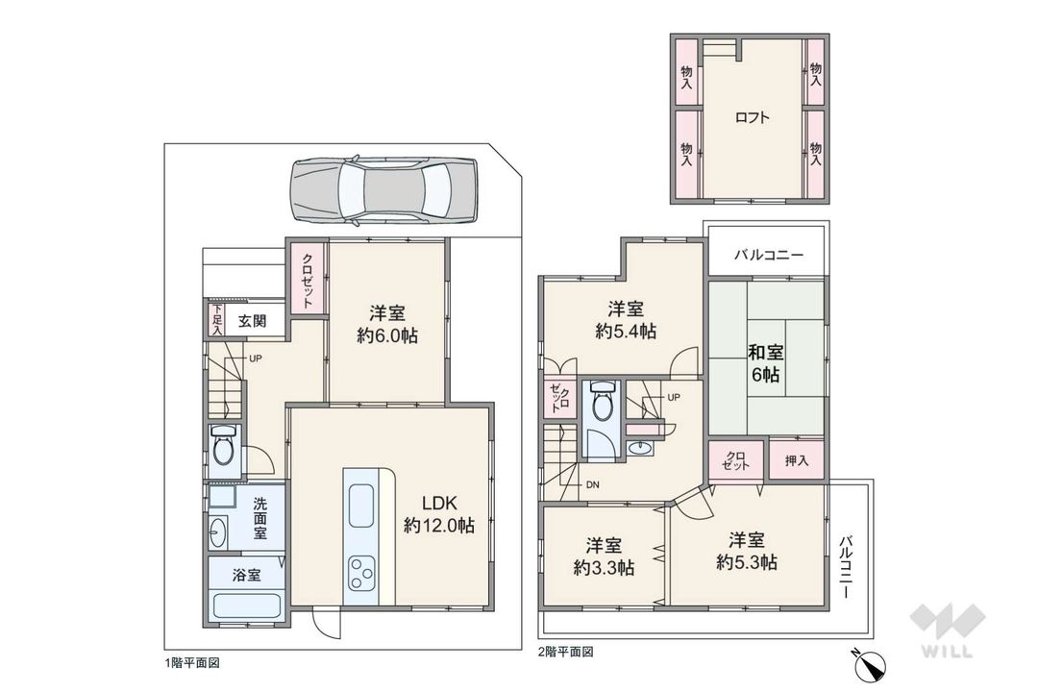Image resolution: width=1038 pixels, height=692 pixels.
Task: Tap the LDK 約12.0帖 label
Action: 437,514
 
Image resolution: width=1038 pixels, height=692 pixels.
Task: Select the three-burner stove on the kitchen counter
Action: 362,574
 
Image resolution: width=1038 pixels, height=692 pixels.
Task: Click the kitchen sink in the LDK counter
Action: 361,505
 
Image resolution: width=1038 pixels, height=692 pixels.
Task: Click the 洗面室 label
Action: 260,518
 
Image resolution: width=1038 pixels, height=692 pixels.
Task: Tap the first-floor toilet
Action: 224,447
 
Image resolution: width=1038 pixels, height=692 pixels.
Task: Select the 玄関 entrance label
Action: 253,321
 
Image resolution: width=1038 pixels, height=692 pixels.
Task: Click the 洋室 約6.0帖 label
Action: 388,324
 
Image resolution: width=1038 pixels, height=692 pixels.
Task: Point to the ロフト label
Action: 752,119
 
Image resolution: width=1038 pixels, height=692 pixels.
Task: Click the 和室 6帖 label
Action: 765,363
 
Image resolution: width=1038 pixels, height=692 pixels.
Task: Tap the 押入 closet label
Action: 797,461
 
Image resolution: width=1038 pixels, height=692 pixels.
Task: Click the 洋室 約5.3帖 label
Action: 746,551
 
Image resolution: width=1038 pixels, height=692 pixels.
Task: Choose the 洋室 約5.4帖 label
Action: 626,320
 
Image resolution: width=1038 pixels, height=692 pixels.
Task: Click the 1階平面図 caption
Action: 192,662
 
